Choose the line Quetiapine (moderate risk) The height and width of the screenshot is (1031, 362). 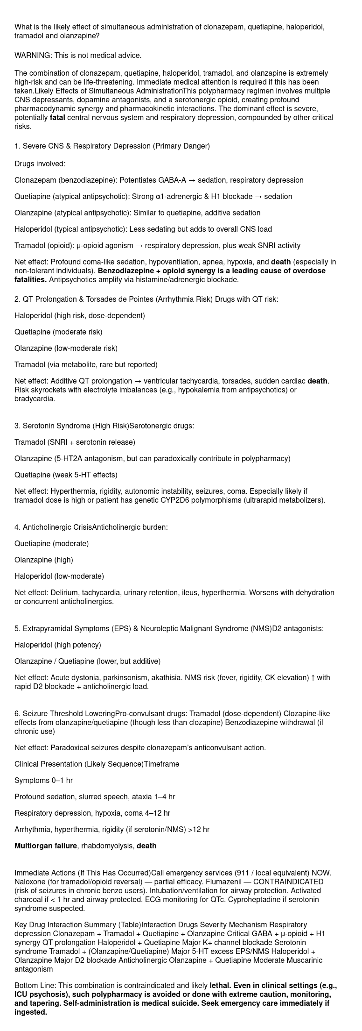click(58, 332)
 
